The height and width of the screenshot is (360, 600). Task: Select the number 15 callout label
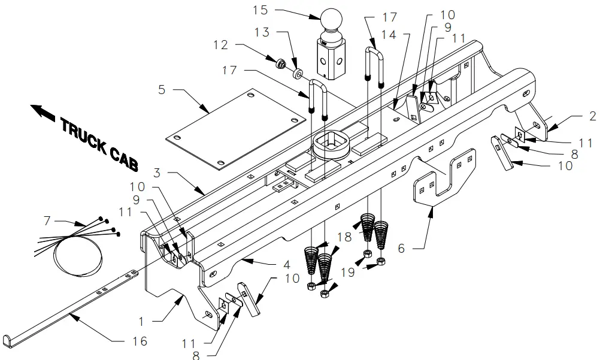tap(260, 11)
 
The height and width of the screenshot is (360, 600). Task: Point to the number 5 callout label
tap(162, 90)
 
